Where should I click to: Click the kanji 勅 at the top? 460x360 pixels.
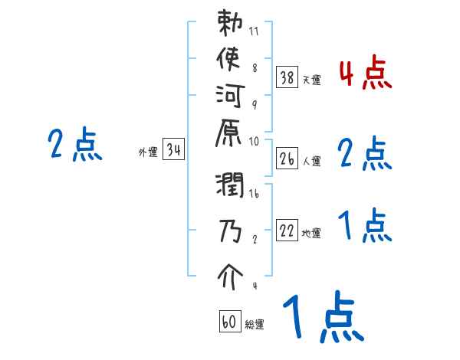pyautogui.click(x=230, y=24)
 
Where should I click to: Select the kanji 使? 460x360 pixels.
pyautogui.click(x=230, y=59)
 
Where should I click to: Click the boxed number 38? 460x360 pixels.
pyautogui.click(x=287, y=77)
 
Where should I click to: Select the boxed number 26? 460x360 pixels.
pyautogui.click(x=287, y=159)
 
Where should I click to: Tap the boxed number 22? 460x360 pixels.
pyautogui.click(x=287, y=231)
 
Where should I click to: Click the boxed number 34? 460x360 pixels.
pyautogui.click(x=174, y=150)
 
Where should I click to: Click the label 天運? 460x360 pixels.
pyautogui.click(x=311, y=80)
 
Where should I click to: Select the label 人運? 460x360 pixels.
pyautogui.click(x=311, y=162)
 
